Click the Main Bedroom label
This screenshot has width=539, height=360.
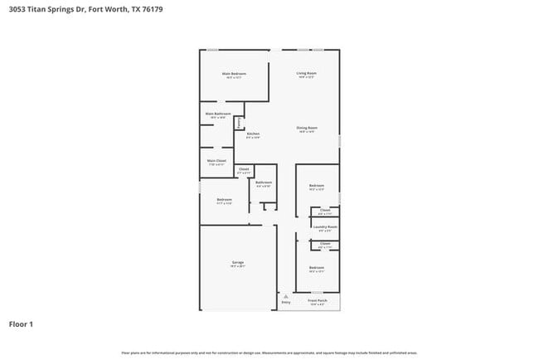(x=234, y=74)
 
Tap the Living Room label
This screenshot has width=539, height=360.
(x=307, y=74)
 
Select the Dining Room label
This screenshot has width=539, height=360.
(x=307, y=128)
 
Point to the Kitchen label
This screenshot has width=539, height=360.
(x=253, y=134)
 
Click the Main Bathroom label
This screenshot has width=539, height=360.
(x=217, y=114)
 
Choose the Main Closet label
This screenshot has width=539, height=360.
(x=216, y=160)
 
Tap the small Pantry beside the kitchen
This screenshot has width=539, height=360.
(x=240, y=123)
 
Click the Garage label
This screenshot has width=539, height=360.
(x=237, y=263)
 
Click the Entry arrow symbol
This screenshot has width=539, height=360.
(x=286, y=295)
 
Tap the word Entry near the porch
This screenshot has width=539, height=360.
(x=286, y=303)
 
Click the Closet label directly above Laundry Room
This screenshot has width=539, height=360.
(x=325, y=210)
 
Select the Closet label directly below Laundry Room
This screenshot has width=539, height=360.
(x=325, y=244)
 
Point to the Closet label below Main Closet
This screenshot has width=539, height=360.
(x=244, y=169)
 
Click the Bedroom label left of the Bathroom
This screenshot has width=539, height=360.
(x=224, y=199)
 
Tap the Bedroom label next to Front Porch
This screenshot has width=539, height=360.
(x=316, y=267)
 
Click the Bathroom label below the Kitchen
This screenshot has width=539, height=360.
(x=263, y=182)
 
